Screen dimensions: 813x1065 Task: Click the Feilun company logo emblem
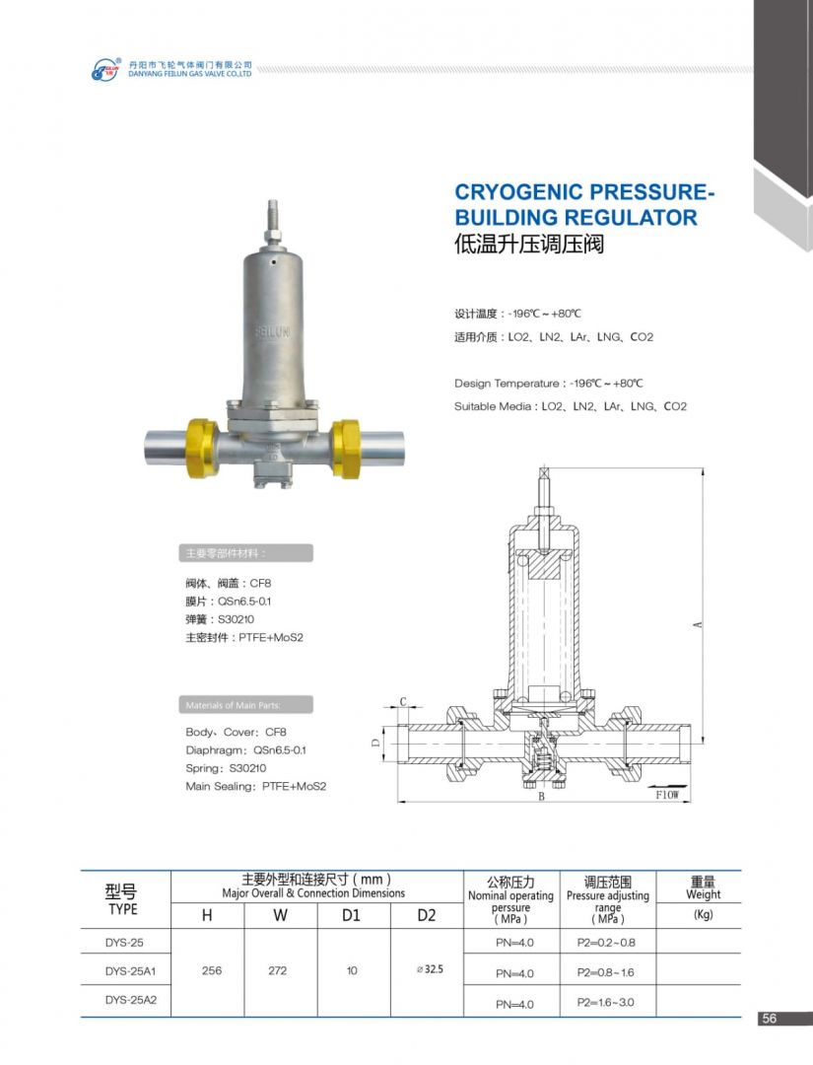[106, 69]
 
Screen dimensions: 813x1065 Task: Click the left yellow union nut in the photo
[202, 448]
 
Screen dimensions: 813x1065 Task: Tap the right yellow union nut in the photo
[346, 449]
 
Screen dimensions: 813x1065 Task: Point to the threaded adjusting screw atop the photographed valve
[273, 219]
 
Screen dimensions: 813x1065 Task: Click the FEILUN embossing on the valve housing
[272, 332]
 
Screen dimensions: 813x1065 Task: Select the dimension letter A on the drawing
[698, 624]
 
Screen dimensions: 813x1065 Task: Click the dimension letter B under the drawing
[542, 797]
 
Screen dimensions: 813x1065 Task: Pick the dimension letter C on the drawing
[402, 702]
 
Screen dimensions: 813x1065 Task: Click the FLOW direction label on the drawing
[667, 795]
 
